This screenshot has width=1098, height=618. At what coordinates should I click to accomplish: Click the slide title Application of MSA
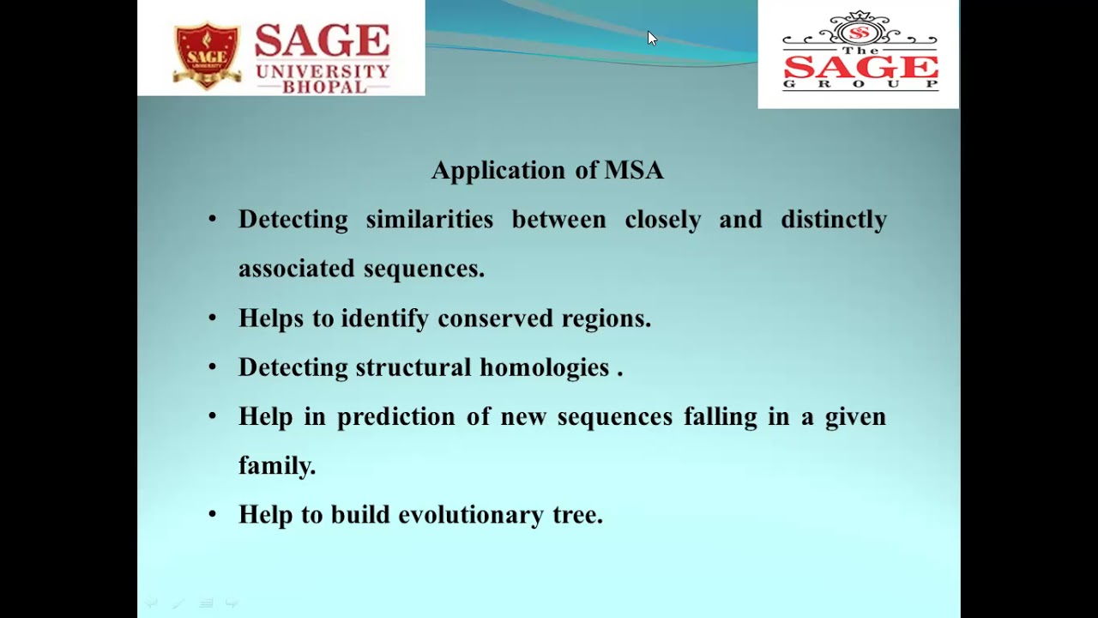pos(547,170)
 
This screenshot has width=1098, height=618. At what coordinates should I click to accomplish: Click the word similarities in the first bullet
pos(429,220)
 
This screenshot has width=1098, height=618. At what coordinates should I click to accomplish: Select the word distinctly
pos(833,220)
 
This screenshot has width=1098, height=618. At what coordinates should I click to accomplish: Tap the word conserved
pos(496,318)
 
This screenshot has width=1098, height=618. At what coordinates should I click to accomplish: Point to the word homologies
pos(544,368)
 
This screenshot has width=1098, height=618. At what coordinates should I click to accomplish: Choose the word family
pos(276,466)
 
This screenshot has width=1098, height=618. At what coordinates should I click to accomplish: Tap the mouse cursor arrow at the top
pos(652,38)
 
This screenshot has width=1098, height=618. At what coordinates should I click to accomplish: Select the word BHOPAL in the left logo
pos(323,87)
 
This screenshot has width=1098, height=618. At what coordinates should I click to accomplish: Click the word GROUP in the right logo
pos(860,84)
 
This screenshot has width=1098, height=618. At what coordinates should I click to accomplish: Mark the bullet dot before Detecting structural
pos(213,368)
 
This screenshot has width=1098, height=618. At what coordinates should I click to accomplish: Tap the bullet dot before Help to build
pos(213,516)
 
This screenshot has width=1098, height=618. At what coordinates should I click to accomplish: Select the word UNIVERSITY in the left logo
pos(323,70)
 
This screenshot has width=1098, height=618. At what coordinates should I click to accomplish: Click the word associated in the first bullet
pos(297,270)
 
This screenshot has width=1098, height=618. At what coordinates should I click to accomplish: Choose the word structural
pos(413,368)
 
